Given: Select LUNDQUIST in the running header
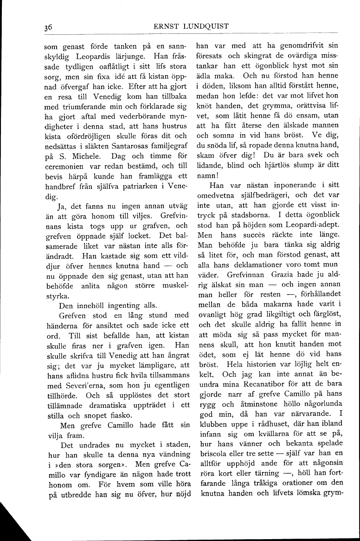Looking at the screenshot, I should (x=207, y=26).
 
